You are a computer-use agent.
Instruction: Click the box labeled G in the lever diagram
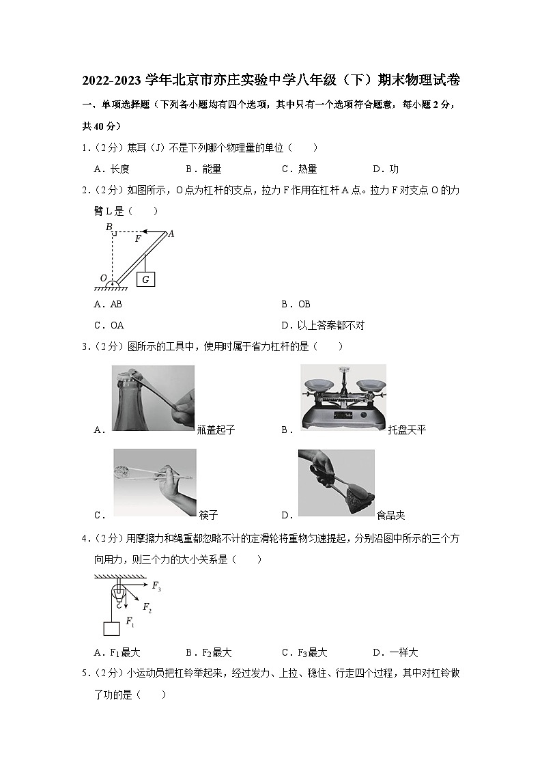146,279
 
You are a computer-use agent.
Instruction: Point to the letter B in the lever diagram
108,227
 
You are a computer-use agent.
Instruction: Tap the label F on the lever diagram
138,239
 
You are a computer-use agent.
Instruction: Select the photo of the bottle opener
153,398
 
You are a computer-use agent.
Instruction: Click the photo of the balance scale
343,399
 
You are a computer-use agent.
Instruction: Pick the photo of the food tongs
336,482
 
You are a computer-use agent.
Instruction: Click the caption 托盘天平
407,430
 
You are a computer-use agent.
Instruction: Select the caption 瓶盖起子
216,430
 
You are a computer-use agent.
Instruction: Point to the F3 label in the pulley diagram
156,586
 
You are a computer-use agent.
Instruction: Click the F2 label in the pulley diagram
147,606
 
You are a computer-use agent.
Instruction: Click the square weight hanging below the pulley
111,628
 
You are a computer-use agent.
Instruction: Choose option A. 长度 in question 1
112,169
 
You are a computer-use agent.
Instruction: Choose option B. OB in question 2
296,304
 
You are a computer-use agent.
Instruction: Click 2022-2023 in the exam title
112,81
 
